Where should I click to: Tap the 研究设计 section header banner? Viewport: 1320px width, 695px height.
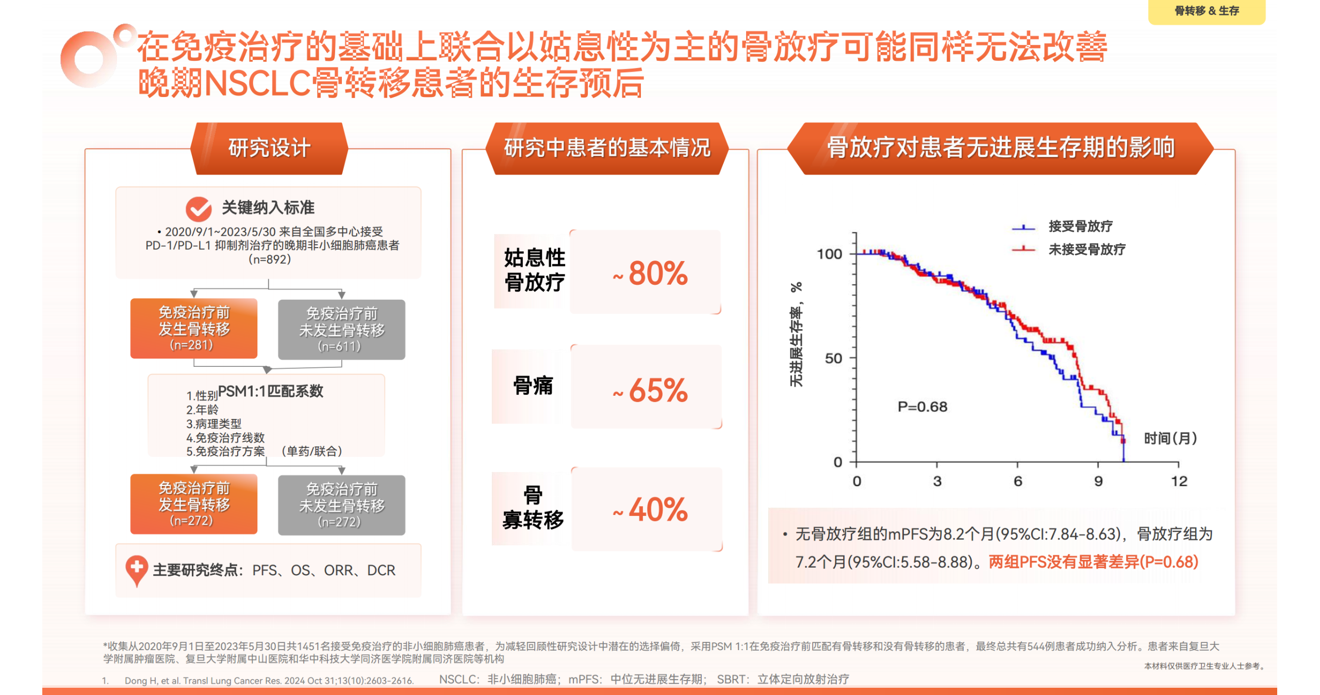(269, 148)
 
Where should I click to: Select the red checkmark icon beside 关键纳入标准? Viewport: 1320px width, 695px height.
(198, 208)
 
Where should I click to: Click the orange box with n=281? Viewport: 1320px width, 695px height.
(193, 328)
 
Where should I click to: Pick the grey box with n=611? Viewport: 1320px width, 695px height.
(341, 329)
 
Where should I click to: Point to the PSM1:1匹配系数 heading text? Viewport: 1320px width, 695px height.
(270, 391)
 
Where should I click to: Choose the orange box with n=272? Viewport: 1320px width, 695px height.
(193, 504)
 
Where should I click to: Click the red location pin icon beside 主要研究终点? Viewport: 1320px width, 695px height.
(136, 570)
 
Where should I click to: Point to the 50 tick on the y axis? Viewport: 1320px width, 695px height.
(833, 358)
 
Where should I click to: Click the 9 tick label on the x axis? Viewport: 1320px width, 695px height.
(1098, 481)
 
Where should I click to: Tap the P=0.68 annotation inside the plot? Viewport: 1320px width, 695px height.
(922, 407)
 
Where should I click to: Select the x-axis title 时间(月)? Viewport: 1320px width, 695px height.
(1170, 439)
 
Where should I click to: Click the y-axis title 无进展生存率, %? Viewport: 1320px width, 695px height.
(796, 334)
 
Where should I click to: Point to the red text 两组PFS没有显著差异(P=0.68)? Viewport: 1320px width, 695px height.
(1093, 561)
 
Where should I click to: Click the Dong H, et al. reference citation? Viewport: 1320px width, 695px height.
(269, 681)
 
